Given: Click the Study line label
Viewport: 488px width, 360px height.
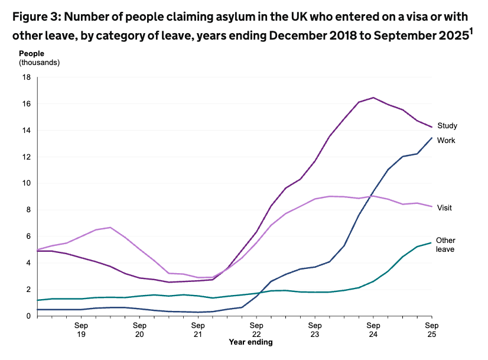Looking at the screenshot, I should tap(447, 125).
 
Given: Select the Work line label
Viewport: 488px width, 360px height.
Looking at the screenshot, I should tap(445, 140).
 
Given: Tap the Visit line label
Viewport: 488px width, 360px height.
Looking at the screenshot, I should tap(444, 207).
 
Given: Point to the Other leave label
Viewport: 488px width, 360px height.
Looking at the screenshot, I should tap(445, 245).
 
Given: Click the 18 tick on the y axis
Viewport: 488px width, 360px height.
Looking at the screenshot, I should tap(27, 77).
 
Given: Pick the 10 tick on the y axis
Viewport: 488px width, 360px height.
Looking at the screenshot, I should tap(27, 183).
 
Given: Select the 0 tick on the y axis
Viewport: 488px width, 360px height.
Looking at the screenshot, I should tap(28, 316).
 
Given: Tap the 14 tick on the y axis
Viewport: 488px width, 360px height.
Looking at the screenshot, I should tap(27, 130).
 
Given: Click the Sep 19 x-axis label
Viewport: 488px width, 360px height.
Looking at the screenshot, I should tap(81, 330).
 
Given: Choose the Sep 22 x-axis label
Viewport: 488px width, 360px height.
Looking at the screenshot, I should tap(256, 330).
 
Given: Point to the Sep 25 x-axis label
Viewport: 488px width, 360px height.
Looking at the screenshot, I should tap(432, 330).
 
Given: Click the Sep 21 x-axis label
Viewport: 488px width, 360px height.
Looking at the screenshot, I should tap(198, 330).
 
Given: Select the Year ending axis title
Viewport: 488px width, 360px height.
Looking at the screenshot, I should tap(250, 342).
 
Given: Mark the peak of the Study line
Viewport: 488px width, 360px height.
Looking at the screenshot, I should tap(373, 98).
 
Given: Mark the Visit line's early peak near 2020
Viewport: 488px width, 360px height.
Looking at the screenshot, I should tap(110, 227).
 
